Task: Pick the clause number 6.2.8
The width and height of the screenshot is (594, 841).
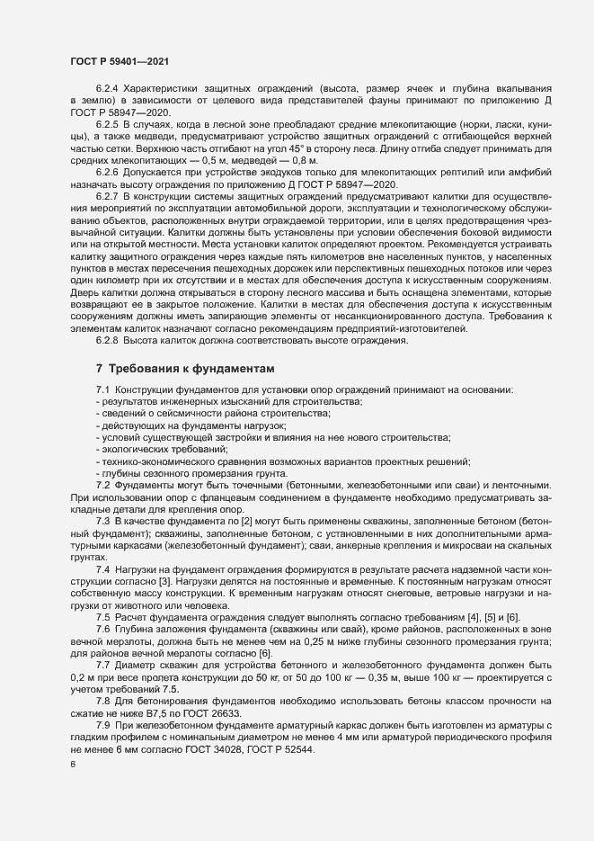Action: tap(109, 339)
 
